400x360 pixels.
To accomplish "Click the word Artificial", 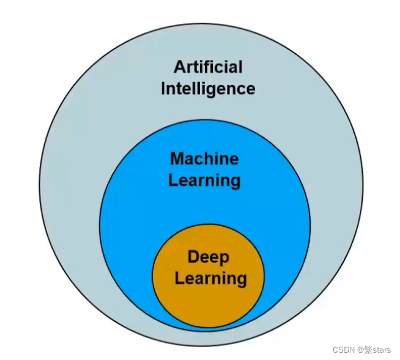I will pyautogui.click(x=208, y=67).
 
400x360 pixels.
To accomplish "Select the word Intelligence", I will pyautogui.click(x=208, y=89).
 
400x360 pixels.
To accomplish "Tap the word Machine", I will pyautogui.click(x=204, y=159).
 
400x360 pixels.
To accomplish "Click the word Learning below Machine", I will pyautogui.click(x=204, y=181).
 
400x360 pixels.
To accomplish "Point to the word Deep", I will pyautogui.click(x=208, y=257).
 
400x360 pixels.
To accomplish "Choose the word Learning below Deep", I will pyautogui.click(x=210, y=279).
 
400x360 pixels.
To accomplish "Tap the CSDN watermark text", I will pyautogui.click(x=344, y=350).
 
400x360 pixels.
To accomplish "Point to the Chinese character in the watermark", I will pyautogui.click(x=369, y=350).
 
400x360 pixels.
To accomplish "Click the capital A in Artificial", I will pyautogui.click(x=179, y=67).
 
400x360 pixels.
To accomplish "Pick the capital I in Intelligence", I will pyautogui.click(x=163, y=89).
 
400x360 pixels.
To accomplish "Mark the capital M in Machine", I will pyautogui.click(x=177, y=159).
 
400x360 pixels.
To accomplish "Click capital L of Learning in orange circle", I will pyautogui.click(x=179, y=279).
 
